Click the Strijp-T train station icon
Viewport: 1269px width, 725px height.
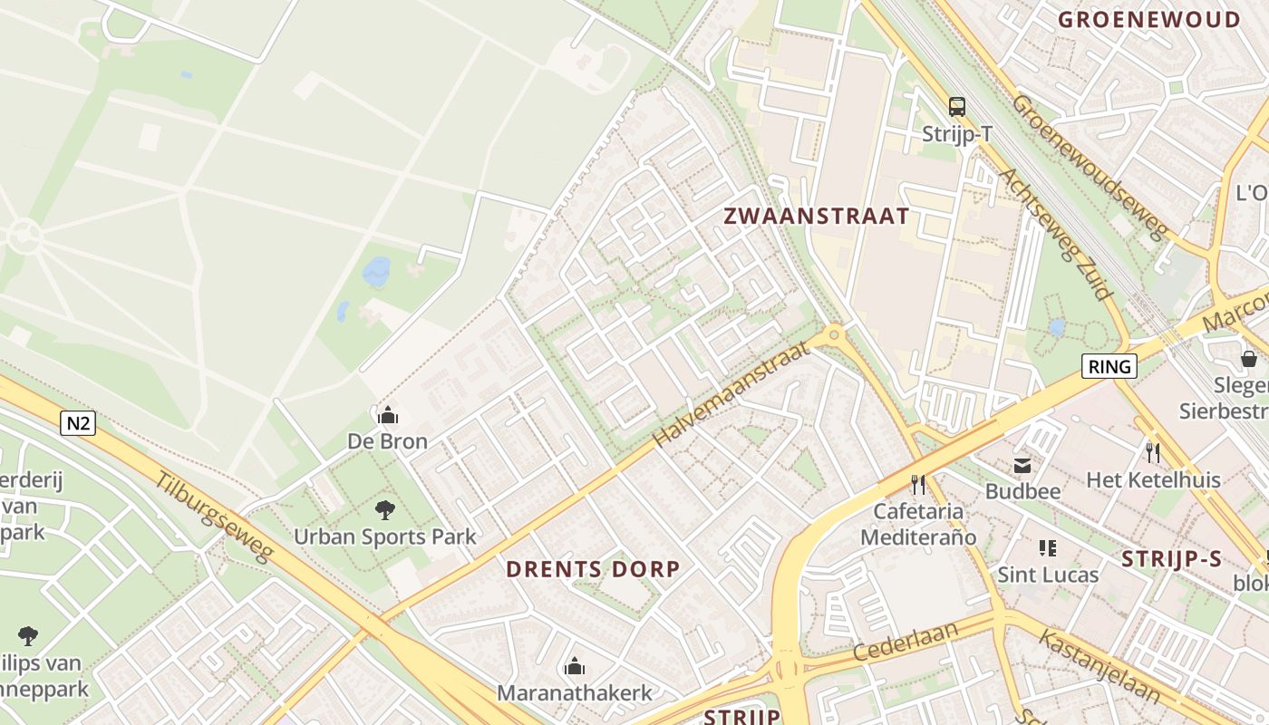[x=957, y=107]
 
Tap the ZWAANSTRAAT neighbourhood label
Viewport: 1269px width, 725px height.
[x=816, y=216]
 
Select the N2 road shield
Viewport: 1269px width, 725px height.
[x=78, y=422]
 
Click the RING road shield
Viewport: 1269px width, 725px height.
[x=1109, y=366]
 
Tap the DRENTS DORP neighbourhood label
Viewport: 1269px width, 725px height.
[x=593, y=569]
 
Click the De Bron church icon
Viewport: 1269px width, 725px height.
[x=388, y=415]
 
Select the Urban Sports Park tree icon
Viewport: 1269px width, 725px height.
[x=385, y=509]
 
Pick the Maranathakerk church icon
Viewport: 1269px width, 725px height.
[x=574, y=667]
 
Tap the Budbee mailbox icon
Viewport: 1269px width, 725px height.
[x=1022, y=466]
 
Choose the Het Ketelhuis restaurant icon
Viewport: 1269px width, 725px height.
[x=1153, y=451]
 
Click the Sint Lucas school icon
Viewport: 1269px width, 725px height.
[x=1048, y=547]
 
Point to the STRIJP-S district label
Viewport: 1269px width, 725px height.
[x=1171, y=558]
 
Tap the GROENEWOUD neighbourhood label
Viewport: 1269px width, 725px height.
[x=1148, y=19]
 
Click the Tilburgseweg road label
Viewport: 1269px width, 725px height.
[x=214, y=517]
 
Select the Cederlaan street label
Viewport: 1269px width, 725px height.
[x=906, y=640]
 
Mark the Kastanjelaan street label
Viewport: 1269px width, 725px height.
[x=1099, y=666]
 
